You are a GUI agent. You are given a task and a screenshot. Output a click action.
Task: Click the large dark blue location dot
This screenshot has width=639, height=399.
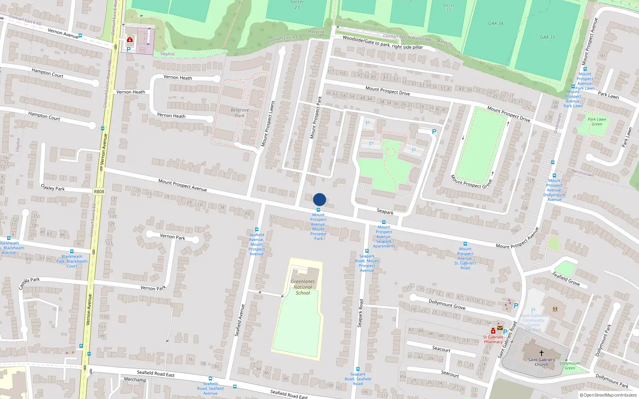click(319, 199)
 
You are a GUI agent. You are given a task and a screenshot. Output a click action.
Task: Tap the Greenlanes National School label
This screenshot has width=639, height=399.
click(303, 287)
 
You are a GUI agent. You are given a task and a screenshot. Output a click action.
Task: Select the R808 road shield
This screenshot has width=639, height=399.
click(99, 192)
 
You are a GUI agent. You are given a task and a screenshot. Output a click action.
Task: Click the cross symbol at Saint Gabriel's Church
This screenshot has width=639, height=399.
click(542, 353)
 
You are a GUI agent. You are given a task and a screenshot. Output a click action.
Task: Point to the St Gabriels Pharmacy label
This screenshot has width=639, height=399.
click(493, 340)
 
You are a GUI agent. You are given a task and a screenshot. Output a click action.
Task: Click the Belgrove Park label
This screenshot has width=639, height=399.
click(240, 113)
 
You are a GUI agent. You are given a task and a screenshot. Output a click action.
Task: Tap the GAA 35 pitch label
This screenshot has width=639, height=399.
click(547, 37)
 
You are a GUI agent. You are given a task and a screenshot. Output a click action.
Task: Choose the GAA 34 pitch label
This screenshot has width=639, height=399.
click(496, 24)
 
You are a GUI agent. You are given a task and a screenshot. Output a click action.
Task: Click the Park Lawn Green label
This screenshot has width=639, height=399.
click(597, 122)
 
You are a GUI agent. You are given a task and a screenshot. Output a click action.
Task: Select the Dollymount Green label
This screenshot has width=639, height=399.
click(570, 365)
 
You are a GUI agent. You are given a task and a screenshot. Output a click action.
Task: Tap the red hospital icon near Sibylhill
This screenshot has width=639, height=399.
click(130, 40)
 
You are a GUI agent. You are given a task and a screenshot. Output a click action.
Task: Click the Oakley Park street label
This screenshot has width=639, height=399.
click(53, 188)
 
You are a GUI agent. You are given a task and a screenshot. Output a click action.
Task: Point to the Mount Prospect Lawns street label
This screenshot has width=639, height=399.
click(268, 124)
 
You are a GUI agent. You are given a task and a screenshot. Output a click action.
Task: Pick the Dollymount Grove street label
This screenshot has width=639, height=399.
click(447, 304)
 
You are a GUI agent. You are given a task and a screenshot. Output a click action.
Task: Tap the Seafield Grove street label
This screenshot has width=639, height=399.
click(566, 279)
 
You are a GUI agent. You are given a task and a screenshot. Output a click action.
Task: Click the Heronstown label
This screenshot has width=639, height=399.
click(583, 173)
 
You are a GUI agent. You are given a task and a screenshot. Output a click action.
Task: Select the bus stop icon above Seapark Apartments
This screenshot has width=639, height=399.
click(384, 222)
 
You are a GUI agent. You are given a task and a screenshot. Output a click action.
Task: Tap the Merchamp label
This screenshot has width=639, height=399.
click(135, 380)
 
